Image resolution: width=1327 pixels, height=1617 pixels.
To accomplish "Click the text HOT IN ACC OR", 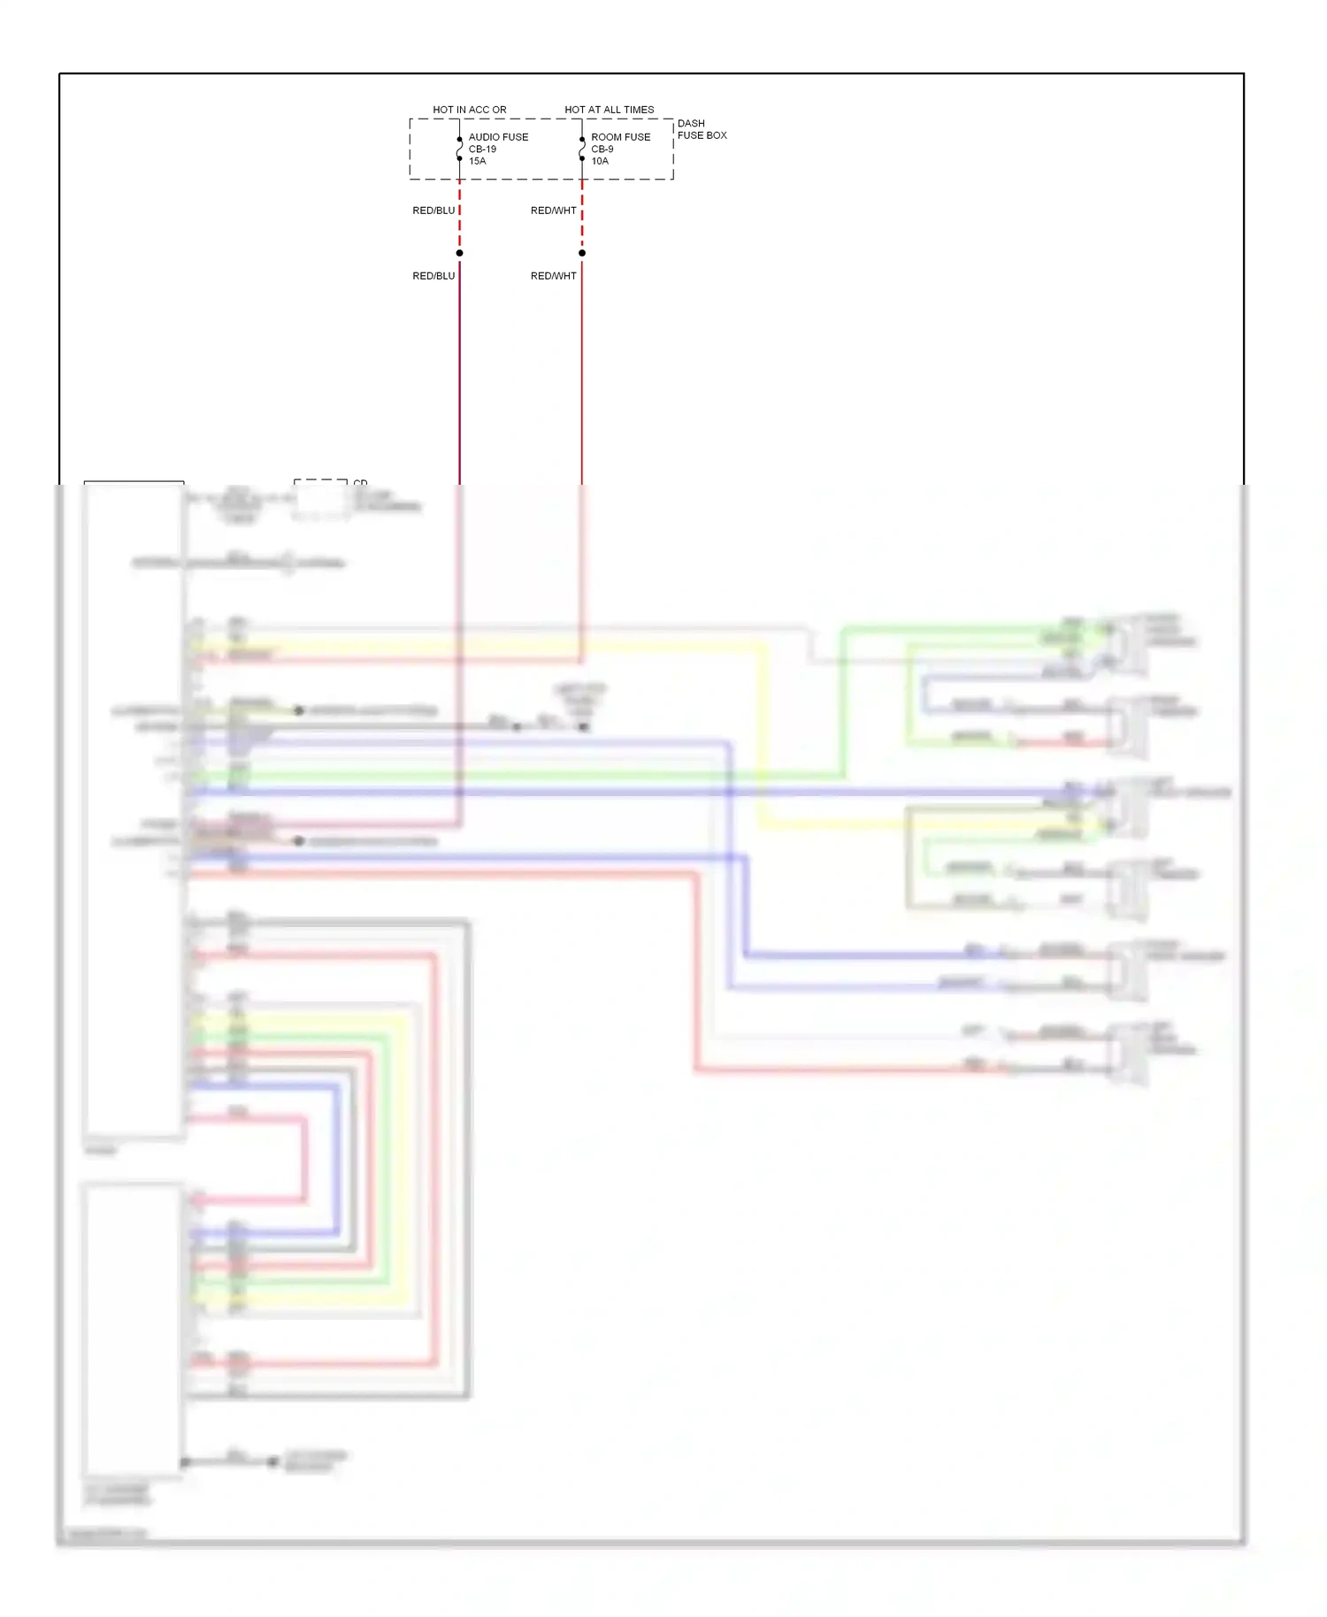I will (469, 110).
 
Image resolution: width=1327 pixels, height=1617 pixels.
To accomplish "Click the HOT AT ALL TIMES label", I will (609, 110).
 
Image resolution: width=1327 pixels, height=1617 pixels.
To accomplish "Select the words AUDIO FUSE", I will (498, 137).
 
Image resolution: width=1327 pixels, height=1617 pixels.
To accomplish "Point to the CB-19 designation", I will (482, 149).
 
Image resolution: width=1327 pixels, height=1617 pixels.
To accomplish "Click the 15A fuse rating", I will (477, 161).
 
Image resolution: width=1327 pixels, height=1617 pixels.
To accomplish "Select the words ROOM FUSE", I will (620, 137).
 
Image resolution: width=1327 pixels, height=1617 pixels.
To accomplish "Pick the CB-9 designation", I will (602, 149).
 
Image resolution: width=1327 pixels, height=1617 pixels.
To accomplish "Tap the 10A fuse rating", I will (600, 161).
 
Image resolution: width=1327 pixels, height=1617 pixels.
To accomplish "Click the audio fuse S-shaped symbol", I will (459, 149).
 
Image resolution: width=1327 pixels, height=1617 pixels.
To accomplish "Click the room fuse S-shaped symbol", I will (581, 149).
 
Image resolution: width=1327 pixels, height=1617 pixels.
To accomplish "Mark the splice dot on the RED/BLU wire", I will (459, 253).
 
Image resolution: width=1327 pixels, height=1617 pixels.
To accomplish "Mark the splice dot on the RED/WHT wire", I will (581, 253).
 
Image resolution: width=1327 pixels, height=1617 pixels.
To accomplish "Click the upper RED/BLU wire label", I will (433, 211).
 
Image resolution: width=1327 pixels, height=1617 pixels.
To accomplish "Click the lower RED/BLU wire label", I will (433, 276).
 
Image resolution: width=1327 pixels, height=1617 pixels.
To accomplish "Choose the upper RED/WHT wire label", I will (553, 211).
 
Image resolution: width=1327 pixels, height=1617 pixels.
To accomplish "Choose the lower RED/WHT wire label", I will (553, 276).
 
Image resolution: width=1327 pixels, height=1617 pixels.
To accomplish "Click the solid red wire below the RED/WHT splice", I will (581, 372).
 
